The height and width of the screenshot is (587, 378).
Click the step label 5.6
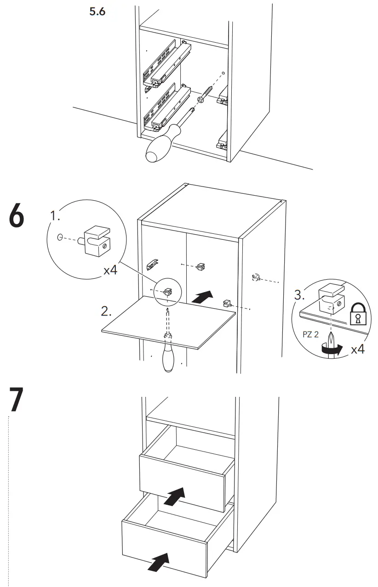pos(97,11)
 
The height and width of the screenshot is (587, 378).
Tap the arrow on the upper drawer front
pos(175,496)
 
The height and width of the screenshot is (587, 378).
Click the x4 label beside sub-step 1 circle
pos(110,270)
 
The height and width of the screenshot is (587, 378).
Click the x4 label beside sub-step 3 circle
pos(358,350)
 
